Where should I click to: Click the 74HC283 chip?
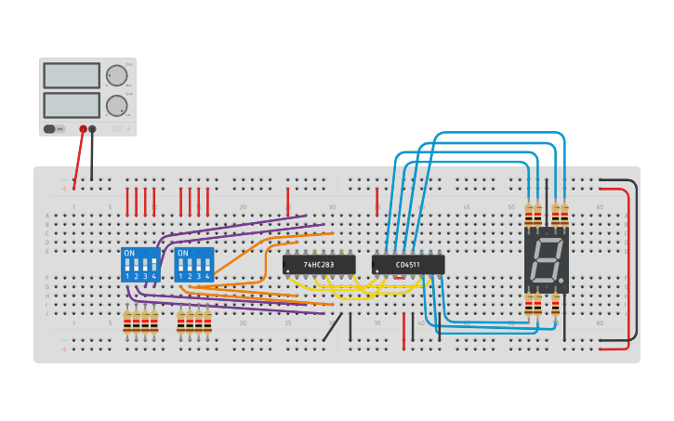[x=319, y=265]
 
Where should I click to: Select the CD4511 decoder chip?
[x=408, y=265]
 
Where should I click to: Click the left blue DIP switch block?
[x=140, y=265]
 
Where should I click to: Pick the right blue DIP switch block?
[x=194, y=265]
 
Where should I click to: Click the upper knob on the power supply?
[x=116, y=75]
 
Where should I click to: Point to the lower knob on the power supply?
[x=116, y=105]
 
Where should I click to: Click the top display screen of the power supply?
[x=72, y=75]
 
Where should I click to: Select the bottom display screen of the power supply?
[x=72, y=104]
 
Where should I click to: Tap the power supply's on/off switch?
[x=55, y=129]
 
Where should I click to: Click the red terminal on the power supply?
[x=83, y=129]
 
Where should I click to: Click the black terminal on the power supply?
[x=92, y=129]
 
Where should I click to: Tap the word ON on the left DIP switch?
[x=129, y=253]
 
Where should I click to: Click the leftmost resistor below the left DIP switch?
[x=127, y=322]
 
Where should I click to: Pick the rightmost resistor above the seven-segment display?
[x=564, y=214]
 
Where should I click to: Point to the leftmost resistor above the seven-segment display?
[x=528, y=214]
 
